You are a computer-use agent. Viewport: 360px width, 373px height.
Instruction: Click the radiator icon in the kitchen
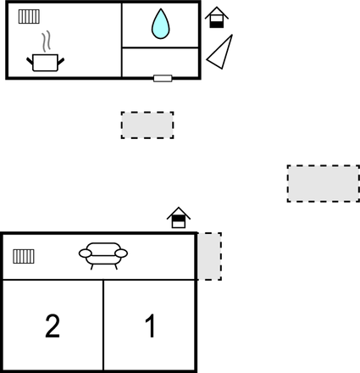29,16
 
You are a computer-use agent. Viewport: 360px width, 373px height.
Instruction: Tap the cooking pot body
45,63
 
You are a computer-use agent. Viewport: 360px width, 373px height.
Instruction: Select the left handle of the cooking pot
30,61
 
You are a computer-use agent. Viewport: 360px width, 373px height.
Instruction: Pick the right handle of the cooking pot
61,61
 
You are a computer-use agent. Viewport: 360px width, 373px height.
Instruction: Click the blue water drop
161,25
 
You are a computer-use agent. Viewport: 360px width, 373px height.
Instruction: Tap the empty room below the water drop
160,62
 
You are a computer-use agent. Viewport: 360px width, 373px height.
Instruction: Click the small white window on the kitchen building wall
163,78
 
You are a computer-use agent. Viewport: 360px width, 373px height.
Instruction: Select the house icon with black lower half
217,18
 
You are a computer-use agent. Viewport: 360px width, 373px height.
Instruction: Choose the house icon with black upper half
179,218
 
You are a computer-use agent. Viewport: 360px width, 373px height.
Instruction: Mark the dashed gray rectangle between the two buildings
147,125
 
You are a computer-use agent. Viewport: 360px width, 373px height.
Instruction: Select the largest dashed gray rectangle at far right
324,184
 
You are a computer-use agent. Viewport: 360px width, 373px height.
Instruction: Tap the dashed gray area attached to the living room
209,256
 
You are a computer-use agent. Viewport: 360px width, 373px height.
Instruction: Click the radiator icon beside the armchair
24,256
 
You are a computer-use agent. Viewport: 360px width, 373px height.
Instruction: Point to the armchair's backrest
103,248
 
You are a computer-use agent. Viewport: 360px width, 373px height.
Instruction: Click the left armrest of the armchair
86,253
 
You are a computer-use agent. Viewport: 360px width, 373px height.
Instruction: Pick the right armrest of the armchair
121,253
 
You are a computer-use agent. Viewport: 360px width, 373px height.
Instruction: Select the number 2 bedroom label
53,326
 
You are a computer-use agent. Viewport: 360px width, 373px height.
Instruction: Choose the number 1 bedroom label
151,326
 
